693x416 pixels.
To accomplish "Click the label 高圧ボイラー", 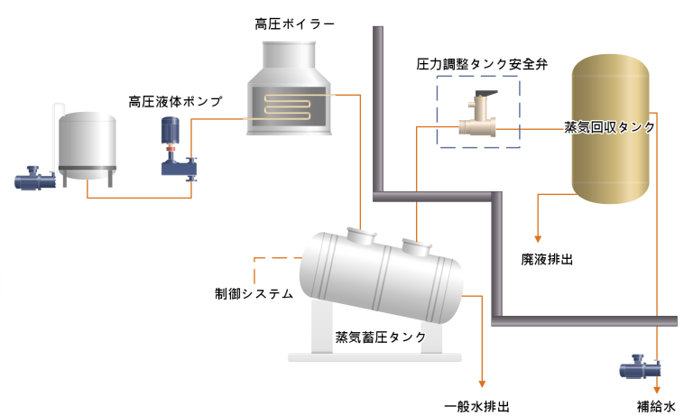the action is click(294, 23).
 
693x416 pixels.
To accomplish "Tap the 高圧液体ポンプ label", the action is click(175, 102).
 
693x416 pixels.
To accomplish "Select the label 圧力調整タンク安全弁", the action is click(482, 65).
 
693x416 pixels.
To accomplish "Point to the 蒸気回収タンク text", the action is click(609, 127).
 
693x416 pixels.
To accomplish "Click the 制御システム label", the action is click(254, 293).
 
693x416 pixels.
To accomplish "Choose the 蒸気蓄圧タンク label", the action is click(381, 337).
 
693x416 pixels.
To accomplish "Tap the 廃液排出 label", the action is click(547, 260).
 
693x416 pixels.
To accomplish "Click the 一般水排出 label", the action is click(476, 406).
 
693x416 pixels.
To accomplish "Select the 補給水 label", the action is click(656, 406).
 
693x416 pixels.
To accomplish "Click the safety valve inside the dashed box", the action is click(478, 114).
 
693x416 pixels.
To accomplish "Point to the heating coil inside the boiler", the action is click(287, 107).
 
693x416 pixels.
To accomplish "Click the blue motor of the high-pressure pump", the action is click(171, 131).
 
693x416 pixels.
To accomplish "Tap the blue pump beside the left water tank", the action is click(35, 178).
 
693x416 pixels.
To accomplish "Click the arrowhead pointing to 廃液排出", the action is click(538, 239).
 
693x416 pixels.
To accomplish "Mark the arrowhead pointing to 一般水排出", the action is click(482, 384).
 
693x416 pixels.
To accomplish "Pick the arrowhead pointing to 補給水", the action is click(657, 390).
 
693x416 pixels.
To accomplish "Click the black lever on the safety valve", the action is click(486, 94).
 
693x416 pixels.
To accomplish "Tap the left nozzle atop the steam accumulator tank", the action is click(361, 236).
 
